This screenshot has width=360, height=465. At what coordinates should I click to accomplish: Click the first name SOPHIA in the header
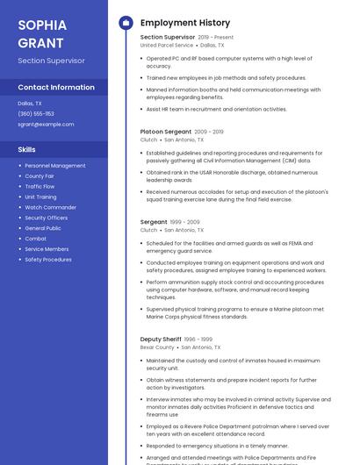(41, 25)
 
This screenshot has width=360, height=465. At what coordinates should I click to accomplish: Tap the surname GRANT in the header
(40, 42)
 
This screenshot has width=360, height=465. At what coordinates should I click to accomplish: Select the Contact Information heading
(56, 88)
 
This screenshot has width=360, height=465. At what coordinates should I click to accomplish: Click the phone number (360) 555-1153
(36, 113)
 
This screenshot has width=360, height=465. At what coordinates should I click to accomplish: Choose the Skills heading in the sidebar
(27, 149)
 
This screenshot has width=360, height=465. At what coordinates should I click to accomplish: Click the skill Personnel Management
(55, 165)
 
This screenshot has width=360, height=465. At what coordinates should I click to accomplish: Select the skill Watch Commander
(51, 207)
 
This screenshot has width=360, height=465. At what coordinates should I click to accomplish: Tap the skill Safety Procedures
(48, 260)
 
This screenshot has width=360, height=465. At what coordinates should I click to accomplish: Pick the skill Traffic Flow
(40, 186)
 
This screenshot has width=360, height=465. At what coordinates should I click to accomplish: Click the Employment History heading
(185, 23)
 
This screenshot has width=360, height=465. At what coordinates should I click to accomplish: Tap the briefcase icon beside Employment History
(126, 23)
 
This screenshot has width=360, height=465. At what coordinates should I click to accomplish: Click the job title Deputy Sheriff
(161, 339)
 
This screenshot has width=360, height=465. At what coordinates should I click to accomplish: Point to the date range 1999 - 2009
(185, 223)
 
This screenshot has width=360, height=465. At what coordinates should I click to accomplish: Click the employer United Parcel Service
(166, 45)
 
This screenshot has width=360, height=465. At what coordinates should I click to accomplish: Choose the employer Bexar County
(157, 347)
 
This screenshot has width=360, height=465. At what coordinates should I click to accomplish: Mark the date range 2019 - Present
(216, 38)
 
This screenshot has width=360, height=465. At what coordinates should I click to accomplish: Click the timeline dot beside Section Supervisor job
(126, 38)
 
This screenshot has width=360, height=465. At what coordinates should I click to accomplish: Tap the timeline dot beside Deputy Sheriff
(126, 339)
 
